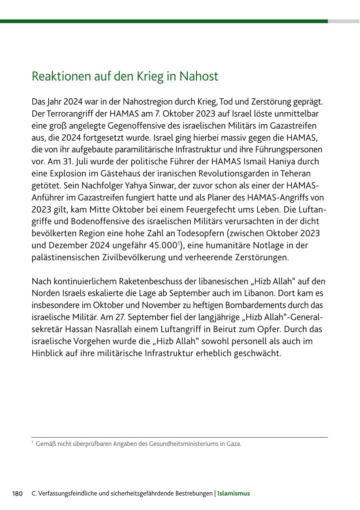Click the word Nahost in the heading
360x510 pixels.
(x=198, y=76)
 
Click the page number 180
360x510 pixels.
(x=17, y=494)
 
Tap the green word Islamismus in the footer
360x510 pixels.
(x=234, y=494)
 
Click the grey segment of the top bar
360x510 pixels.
(x=344, y=21)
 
